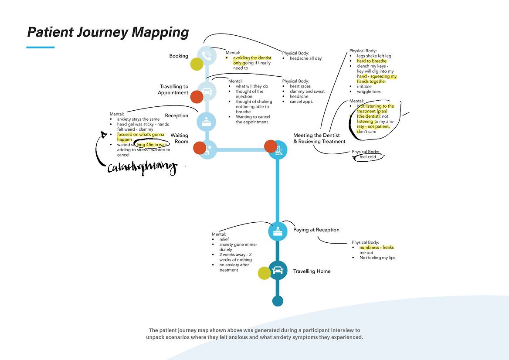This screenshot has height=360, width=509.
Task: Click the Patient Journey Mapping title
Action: [108, 33]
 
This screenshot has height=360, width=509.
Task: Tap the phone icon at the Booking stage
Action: [207, 55]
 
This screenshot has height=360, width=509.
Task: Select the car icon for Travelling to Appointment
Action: [207, 91]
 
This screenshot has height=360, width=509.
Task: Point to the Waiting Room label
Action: [179, 138]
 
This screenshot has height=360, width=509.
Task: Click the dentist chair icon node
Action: [278, 150]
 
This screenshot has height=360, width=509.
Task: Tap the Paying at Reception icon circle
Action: [278, 231]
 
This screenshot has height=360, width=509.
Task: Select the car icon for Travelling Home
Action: [278, 271]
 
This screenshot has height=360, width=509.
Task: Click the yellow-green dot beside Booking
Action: [197, 64]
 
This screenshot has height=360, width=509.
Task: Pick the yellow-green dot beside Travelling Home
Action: [265, 273]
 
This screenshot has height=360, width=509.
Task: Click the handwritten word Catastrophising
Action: [142, 167]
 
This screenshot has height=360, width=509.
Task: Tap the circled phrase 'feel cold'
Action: [368, 157]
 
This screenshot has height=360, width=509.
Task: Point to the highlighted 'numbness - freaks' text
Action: [376, 248]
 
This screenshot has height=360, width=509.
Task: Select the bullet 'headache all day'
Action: [305, 58]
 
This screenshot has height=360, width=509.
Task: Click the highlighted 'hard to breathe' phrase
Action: [371, 61]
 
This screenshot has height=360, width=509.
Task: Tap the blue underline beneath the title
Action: [41, 47]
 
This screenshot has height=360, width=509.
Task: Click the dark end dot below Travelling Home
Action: [278, 301]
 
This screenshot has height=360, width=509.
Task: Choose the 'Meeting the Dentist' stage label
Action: [316, 136]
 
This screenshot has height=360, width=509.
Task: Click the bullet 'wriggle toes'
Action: [369, 92]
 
